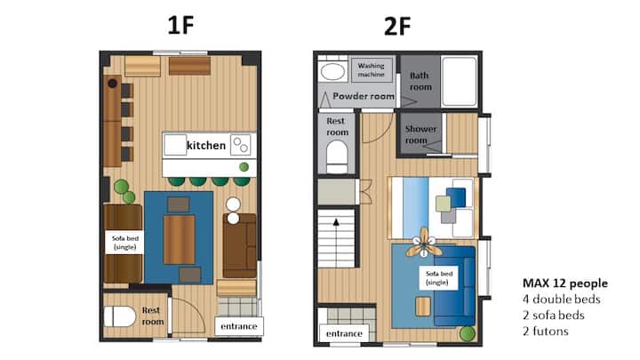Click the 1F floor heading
[180, 25]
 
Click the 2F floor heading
[397, 27]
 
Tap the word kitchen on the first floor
[205, 145]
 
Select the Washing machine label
[371, 70]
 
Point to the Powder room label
[364, 96]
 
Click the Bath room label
[420, 81]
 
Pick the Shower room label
[420, 134]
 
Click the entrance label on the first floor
[239, 326]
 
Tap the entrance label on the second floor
[344, 333]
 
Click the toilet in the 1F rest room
[119, 316]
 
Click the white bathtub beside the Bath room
[460, 81]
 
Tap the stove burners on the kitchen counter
[240, 145]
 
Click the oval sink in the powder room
[332, 72]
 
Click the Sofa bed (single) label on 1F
[125, 243]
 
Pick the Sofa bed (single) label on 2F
[439, 278]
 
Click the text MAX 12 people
[565, 284]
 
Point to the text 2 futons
[545, 331]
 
